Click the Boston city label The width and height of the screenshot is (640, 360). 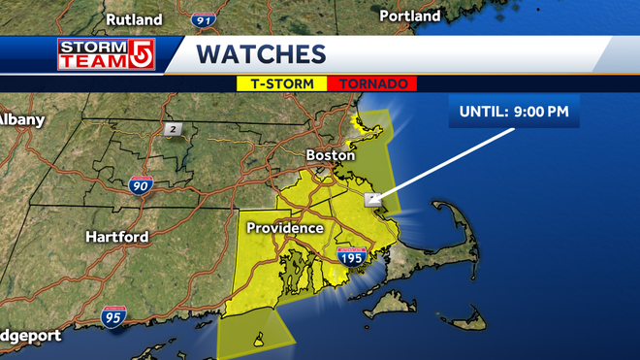point(325,154)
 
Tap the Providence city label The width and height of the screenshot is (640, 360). point(284,228)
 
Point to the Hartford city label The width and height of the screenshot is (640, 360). point(116,237)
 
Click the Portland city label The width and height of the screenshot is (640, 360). point(409,16)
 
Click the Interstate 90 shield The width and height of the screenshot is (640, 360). point(140,184)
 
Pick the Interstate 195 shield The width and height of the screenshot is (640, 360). point(351,257)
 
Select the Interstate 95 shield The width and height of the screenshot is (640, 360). point(113,315)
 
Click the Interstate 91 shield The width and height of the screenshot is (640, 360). point(202,18)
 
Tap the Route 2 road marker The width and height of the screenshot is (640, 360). point(173,130)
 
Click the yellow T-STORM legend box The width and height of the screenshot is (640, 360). point(283,83)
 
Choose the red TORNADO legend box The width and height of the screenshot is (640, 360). point(372,83)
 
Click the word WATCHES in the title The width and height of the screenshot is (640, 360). point(261,53)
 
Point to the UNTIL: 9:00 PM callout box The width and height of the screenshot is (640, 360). point(514,111)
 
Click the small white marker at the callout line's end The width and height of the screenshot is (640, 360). point(371,199)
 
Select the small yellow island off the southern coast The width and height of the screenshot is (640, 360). point(258,340)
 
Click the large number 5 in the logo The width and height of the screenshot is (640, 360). point(143,54)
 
